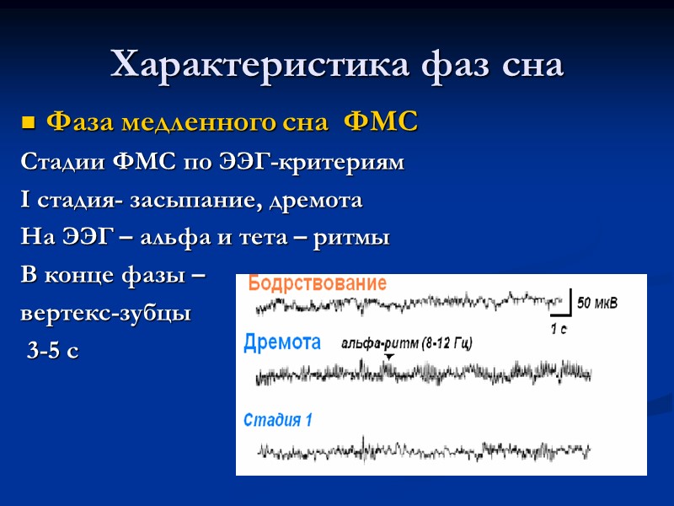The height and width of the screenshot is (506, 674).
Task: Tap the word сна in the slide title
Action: pyautogui.click(x=528, y=66)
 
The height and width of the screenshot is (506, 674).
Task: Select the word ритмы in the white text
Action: pyautogui.click(x=351, y=240)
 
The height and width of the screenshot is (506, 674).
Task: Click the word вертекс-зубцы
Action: pyautogui.click(x=105, y=314)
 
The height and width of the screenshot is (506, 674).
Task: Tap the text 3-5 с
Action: pyautogui.click(x=52, y=352)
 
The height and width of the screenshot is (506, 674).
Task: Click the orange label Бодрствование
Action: pyautogui.click(x=318, y=284)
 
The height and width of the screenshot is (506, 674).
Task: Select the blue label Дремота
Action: pyautogui.click(x=282, y=342)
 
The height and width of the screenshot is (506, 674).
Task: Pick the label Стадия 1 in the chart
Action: pyautogui.click(x=278, y=419)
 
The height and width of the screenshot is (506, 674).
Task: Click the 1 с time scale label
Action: pyautogui.click(x=559, y=329)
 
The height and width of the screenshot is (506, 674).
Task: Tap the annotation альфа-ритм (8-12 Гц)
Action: pyautogui.click(x=407, y=343)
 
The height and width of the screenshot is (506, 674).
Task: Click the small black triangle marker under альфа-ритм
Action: pyautogui.click(x=388, y=357)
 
